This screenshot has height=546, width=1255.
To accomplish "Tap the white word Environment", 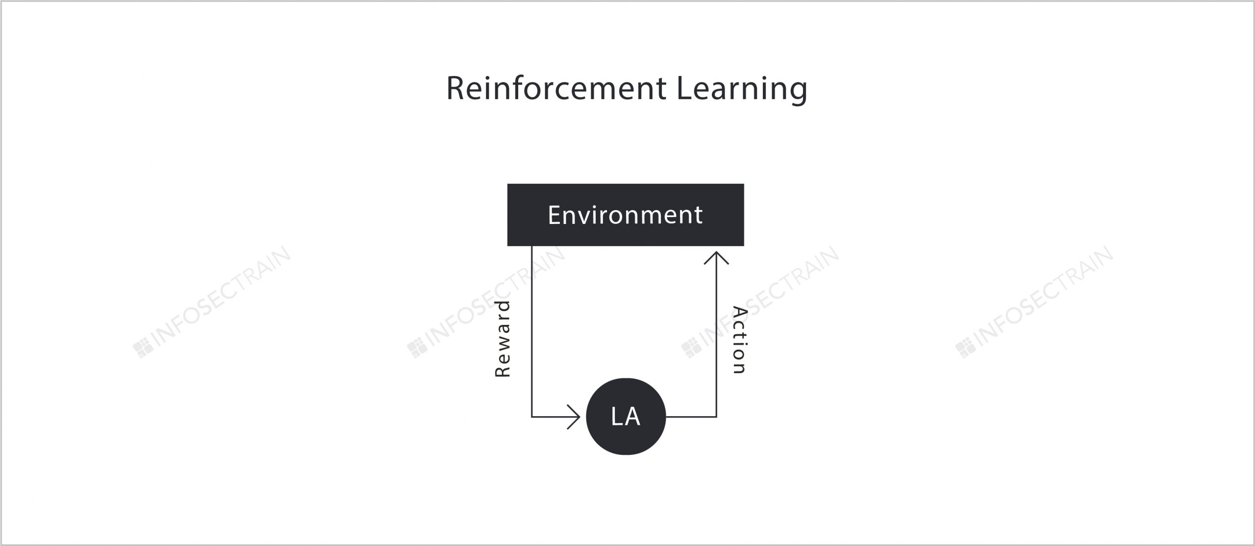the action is (625, 215).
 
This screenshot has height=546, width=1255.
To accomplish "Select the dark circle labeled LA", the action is (626, 417).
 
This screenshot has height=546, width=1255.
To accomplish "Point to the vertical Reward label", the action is (503, 339).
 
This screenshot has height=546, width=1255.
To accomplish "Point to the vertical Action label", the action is (739, 340).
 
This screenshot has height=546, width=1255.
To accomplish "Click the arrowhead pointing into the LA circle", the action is (574, 417).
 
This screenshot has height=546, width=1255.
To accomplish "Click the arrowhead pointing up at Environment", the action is (716, 258).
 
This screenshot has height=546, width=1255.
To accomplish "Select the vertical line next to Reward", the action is (532, 331).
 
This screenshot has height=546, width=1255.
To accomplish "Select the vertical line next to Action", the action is (716, 334).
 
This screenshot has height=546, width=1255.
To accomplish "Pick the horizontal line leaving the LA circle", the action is (691, 417).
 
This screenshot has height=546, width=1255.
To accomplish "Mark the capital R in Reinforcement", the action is (455, 89).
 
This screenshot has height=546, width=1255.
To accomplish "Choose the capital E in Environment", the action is (554, 215).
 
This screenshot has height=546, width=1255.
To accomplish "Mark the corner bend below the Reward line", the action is (532, 417).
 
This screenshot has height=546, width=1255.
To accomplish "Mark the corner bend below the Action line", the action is (716, 417).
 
